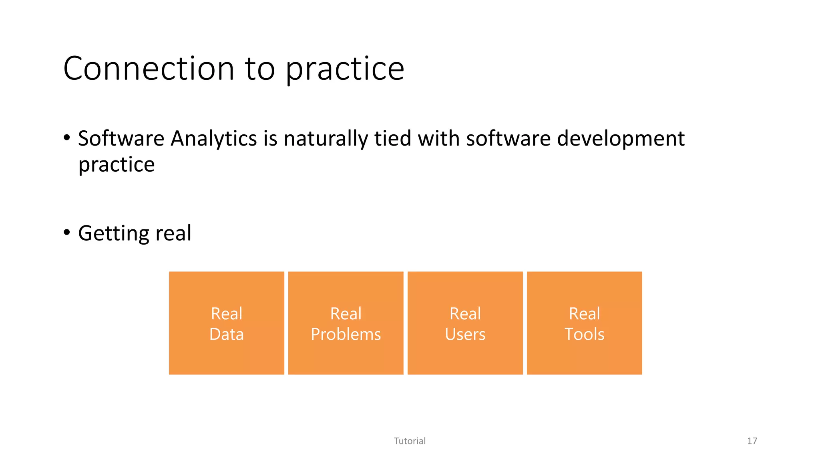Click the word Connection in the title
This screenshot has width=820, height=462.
click(149, 69)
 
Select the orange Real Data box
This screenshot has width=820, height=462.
click(226, 323)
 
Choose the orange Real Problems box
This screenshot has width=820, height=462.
click(346, 323)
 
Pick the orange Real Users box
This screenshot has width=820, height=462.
click(465, 323)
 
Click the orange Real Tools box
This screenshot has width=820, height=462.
click(584, 323)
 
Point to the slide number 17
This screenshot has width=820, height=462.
click(752, 441)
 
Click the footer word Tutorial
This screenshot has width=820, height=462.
click(410, 441)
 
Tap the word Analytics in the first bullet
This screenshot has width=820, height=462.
click(214, 139)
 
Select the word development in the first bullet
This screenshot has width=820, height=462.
click(621, 139)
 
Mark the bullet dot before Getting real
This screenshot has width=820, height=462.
click(67, 232)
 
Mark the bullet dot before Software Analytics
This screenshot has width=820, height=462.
click(67, 138)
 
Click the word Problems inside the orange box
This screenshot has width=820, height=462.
click(346, 334)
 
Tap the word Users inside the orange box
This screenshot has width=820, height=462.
click(465, 334)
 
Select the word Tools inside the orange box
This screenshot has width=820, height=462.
click(584, 334)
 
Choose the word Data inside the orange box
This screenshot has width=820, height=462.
click(226, 334)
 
